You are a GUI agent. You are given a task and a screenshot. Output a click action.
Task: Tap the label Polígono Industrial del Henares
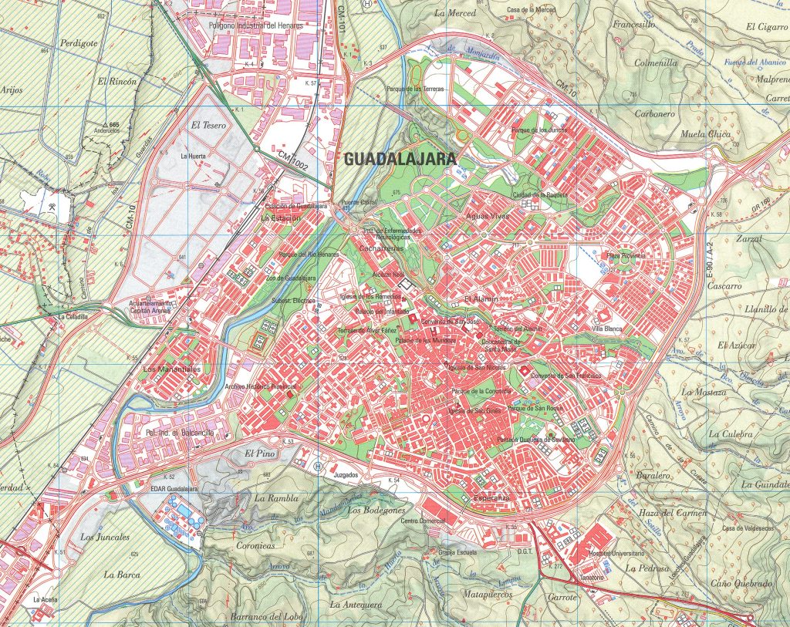tap(255, 25)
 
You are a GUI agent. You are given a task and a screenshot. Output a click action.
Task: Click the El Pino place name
tap(259, 453)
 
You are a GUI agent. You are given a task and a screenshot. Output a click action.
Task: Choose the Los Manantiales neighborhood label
tap(172, 369)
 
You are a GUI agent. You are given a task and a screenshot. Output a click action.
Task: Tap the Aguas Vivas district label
tap(488, 216)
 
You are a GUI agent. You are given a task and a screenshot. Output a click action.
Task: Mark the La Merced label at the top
tap(456, 13)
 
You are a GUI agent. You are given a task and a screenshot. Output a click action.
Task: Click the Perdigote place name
tap(80, 43)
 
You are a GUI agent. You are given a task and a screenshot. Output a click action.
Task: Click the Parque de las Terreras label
tap(438, 89)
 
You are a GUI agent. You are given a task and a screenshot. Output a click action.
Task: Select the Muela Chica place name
tap(704, 134)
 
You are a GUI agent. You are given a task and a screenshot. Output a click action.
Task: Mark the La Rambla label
tap(272, 498)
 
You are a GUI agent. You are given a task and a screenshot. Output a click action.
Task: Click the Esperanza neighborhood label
tap(488, 498)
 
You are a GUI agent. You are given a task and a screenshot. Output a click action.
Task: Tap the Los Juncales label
tap(105, 537)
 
